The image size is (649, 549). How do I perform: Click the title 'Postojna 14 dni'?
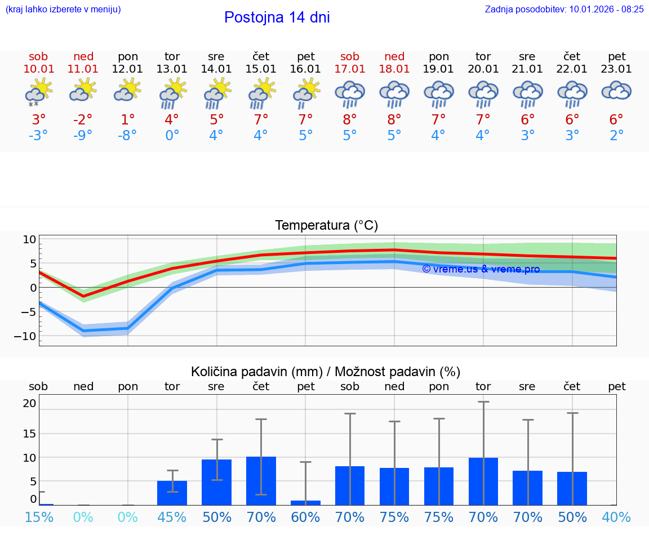pyautogui.click(x=277, y=17)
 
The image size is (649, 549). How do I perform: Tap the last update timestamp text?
pyautogui.click(x=564, y=9)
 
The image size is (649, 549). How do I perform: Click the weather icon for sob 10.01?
pyautogui.click(x=38, y=92)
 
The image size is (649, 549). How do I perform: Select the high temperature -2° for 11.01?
pyautogui.click(x=83, y=119)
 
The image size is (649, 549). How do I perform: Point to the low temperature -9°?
pyautogui.click(x=83, y=136)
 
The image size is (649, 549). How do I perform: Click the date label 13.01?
pyautogui.click(x=172, y=69)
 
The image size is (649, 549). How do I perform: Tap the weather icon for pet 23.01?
pyautogui.click(x=616, y=91)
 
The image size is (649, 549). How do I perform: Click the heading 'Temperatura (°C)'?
pyautogui.click(x=326, y=225)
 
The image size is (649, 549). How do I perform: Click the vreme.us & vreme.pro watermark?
pyautogui.click(x=481, y=269)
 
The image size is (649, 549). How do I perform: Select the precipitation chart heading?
pyautogui.click(x=326, y=372)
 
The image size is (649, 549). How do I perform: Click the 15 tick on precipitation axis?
pyautogui.click(x=29, y=433)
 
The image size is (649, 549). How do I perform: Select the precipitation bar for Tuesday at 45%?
pyautogui.click(x=172, y=493)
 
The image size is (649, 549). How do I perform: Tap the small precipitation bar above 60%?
pyautogui.click(x=305, y=502)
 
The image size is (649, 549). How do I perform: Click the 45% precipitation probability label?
pyautogui.click(x=172, y=517)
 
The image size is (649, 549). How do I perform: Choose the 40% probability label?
pyautogui.click(x=616, y=517)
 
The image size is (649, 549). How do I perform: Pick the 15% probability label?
pyautogui.click(x=39, y=517)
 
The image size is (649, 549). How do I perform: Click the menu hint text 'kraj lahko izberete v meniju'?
pyautogui.click(x=63, y=9)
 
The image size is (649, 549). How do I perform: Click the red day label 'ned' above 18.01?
pyautogui.click(x=394, y=56)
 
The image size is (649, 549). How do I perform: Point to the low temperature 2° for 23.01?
pyautogui.click(x=616, y=136)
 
